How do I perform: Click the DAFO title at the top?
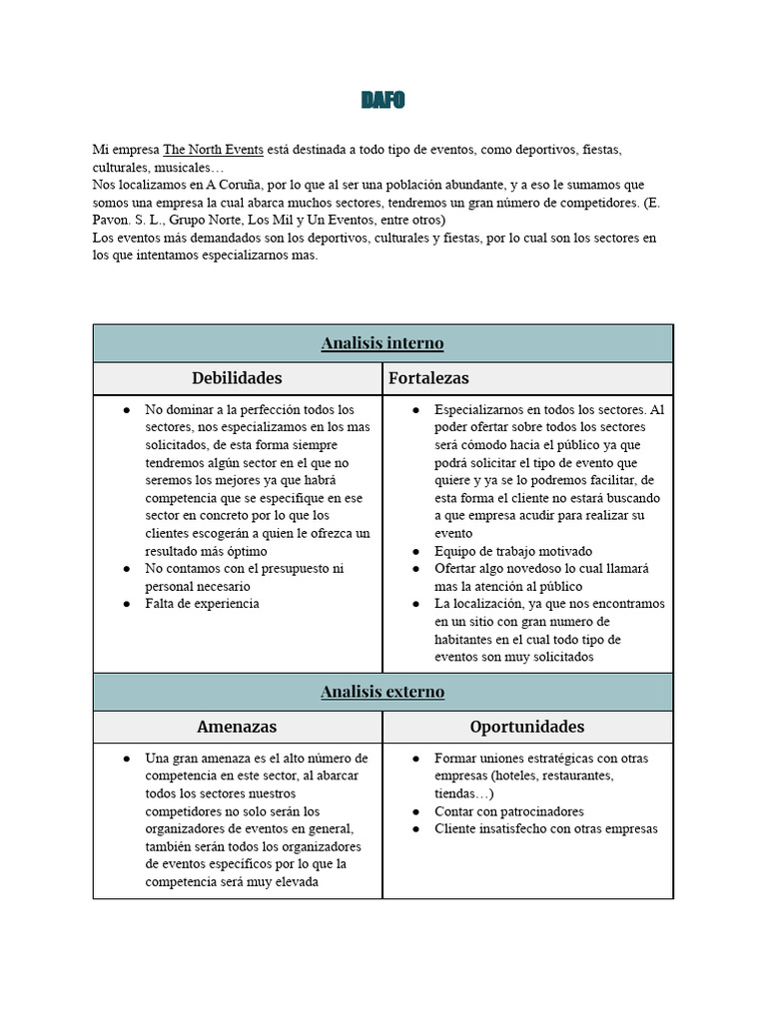pos(383,100)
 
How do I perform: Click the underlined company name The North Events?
pos(213,150)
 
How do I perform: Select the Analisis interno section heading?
pos(383,343)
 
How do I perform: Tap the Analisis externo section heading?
pos(383,692)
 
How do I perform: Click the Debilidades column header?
pos(237,378)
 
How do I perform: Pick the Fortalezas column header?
pos(428,378)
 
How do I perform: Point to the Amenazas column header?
pos(237,727)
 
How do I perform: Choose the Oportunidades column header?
pos(527,727)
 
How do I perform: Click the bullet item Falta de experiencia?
pos(202,604)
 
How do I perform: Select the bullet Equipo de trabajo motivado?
pos(513,551)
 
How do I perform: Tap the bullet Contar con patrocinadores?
pos(509,811)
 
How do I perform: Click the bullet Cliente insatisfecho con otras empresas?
pos(546,829)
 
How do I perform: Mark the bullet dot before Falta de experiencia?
pos(127,604)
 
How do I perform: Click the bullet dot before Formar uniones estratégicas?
pos(416,759)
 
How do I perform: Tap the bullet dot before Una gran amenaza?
pos(127,759)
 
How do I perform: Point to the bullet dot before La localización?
pos(416,604)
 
